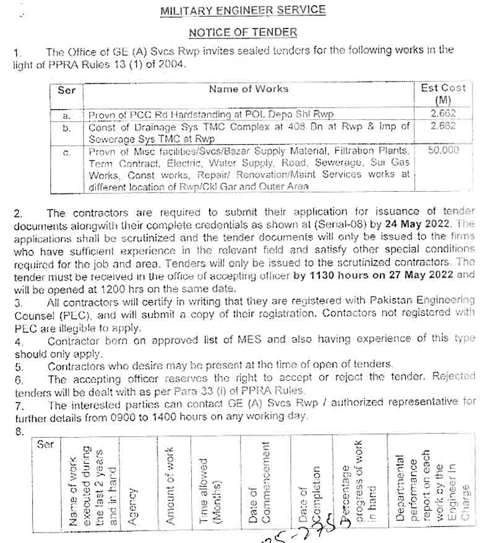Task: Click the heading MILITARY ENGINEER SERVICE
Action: [x=243, y=10]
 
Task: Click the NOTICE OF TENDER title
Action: [x=243, y=32]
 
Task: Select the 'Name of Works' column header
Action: [x=249, y=89]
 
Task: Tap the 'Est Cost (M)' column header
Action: [x=443, y=93]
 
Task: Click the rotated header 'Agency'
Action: [x=132, y=507]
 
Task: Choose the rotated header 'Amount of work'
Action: [x=170, y=486]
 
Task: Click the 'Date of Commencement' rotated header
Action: [x=259, y=482]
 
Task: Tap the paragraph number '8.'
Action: [x=18, y=432]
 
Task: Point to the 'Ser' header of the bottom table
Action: [x=45, y=444]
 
